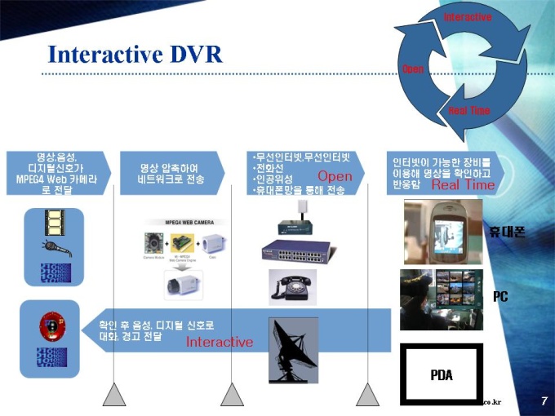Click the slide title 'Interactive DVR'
[x=135, y=54]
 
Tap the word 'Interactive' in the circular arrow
[x=468, y=17]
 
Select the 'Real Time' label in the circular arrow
[x=469, y=110]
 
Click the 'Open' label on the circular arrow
[x=413, y=69]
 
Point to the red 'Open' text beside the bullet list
[x=335, y=176]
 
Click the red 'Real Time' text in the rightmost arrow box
[x=463, y=185]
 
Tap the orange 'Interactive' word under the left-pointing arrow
[x=220, y=342]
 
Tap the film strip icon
[x=55, y=220]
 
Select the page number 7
[x=543, y=401]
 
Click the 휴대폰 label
[x=507, y=232]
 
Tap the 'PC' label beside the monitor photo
[x=500, y=297]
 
